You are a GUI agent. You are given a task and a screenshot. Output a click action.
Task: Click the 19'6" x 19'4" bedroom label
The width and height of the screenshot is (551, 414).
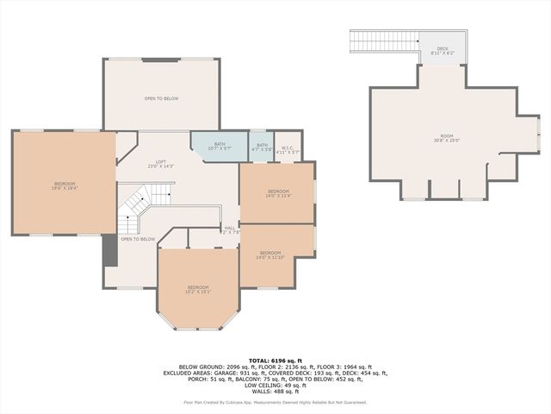[65, 185]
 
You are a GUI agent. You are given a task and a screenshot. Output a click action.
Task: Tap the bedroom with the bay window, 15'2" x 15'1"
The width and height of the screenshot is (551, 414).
[199, 290]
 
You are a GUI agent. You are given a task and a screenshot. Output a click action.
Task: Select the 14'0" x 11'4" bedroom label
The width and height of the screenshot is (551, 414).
[278, 193]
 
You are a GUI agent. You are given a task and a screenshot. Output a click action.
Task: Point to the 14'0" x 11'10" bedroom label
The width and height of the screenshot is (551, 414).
[269, 255]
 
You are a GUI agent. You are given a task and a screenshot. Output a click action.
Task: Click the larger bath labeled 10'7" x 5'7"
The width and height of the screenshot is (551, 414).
[220, 147]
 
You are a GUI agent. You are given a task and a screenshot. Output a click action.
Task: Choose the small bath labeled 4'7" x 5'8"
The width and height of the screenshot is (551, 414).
[262, 147]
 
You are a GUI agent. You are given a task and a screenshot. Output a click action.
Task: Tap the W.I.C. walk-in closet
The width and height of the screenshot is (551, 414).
[288, 149]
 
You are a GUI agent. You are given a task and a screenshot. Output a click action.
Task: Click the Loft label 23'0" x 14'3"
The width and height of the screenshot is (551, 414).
[160, 164]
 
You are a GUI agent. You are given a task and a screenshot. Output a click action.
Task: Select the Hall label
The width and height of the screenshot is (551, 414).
[230, 230]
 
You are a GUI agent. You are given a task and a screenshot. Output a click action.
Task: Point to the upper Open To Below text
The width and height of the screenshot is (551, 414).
[161, 99]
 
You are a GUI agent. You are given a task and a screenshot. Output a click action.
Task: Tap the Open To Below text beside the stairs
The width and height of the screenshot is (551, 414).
[138, 239]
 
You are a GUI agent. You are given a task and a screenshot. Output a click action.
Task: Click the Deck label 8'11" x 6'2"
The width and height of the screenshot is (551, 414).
[443, 51]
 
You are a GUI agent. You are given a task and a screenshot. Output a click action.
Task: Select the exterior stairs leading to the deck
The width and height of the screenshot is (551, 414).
[383, 41]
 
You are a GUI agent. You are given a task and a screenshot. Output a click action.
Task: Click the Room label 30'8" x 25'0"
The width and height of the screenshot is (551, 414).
[445, 139]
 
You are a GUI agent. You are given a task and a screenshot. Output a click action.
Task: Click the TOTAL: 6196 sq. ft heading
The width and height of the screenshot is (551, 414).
[275, 360]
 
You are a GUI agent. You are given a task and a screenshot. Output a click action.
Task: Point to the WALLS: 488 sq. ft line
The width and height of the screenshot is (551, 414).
[275, 391]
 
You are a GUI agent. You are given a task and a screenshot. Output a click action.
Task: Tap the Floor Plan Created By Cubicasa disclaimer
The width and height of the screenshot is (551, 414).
[275, 402]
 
